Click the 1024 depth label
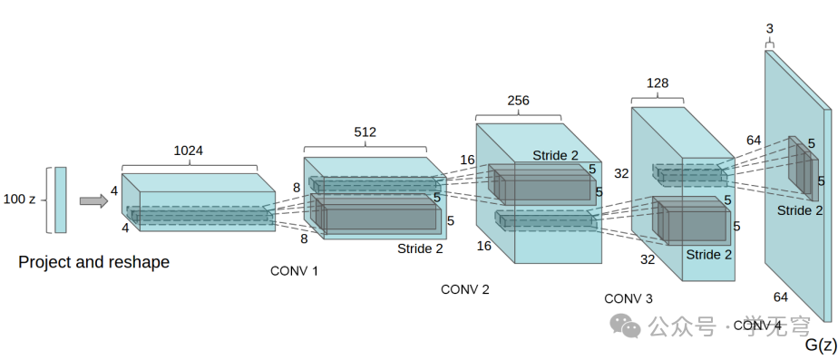tap(188, 151)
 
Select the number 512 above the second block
tap(365, 131)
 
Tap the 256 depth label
tap(519, 101)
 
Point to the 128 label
tap(658, 83)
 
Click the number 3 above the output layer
tap(770, 29)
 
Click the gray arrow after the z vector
tap(93, 200)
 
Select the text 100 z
tap(19, 199)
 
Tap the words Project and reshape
tap(94, 262)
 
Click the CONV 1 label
tap(294, 271)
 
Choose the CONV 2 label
tap(465, 289)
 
